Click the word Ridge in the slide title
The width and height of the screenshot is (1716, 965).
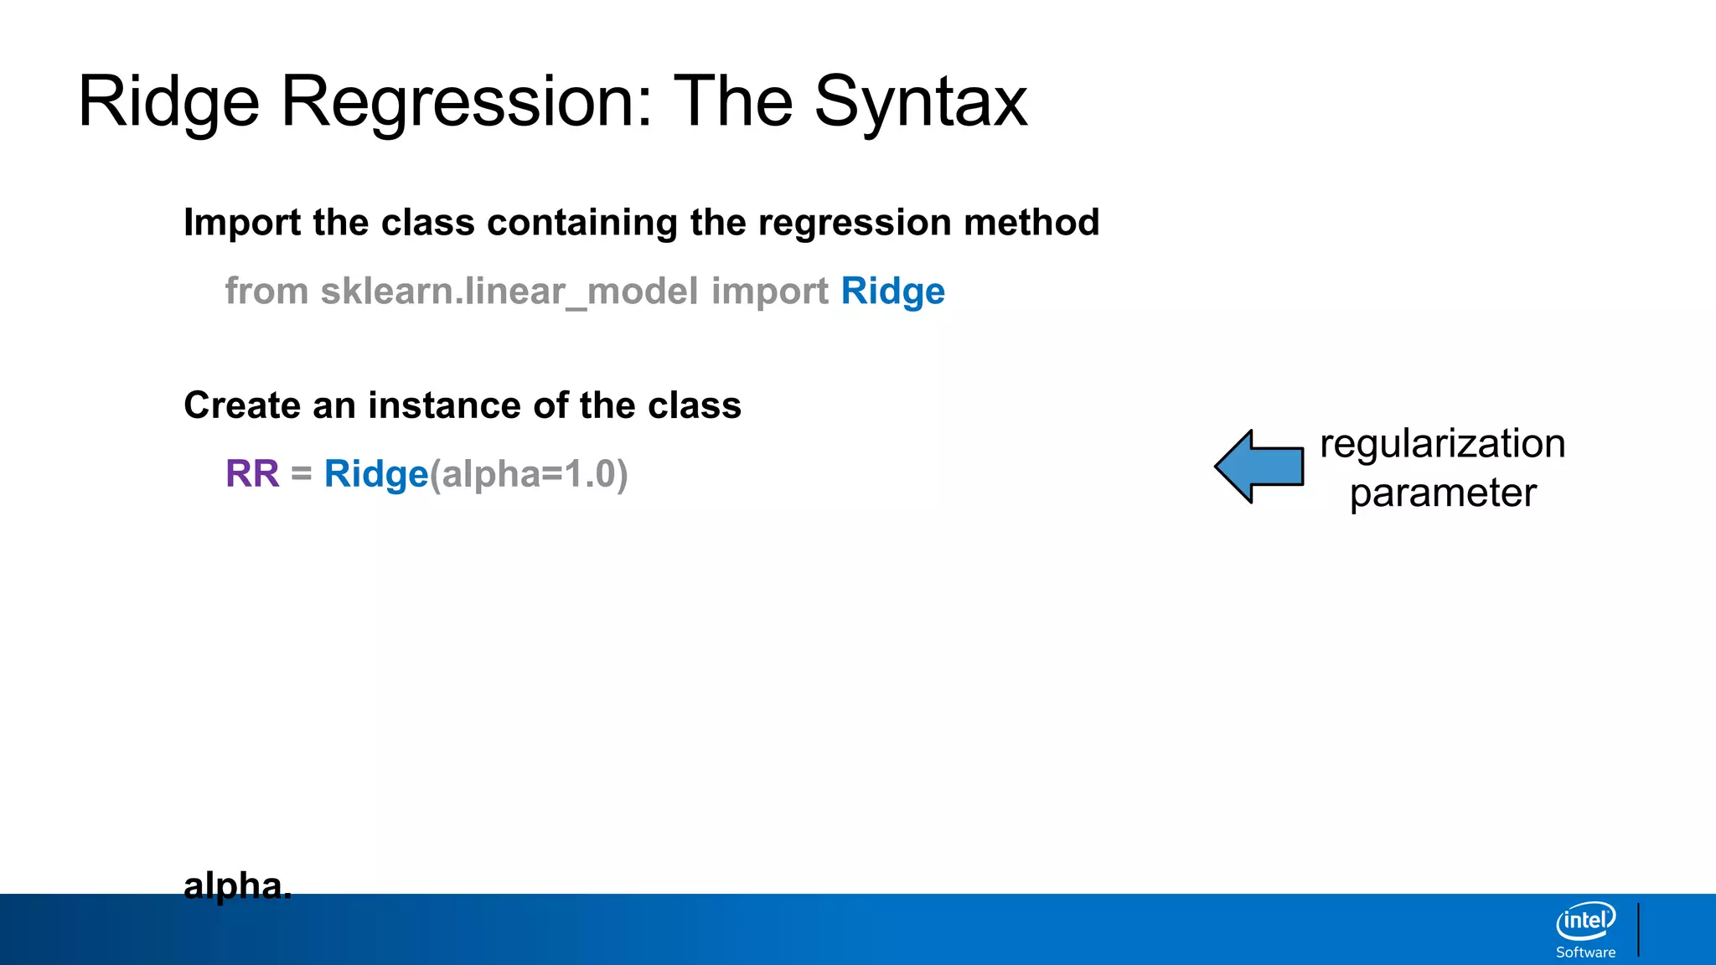[x=168, y=102]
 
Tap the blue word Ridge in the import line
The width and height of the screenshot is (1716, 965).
[x=892, y=292]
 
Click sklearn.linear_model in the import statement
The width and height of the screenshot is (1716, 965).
[x=509, y=292]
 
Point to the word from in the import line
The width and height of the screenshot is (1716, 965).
[x=266, y=292]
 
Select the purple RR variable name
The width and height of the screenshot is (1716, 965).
[x=252, y=474]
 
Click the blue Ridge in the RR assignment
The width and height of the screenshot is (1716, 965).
[x=376, y=474]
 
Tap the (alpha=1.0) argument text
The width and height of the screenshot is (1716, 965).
[x=529, y=474]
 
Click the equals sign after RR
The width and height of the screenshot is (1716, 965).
[x=302, y=474]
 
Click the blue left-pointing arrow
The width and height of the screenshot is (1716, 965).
[x=1259, y=467]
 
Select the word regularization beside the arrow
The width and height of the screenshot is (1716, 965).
[x=1442, y=443]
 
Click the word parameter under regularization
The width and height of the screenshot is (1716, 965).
[x=1442, y=493]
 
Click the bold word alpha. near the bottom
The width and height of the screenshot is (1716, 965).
[x=237, y=885]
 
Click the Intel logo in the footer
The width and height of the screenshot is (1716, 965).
[x=1585, y=921]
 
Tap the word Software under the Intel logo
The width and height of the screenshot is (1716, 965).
[x=1585, y=952]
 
